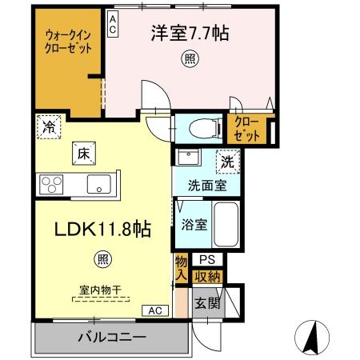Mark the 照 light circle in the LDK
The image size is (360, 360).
click(x=103, y=258)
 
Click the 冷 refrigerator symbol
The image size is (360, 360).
click(x=48, y=126)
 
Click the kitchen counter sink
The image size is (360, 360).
click(x=100, y=183)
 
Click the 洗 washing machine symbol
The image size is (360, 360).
click(x=228, y=160)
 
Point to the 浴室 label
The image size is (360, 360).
click(x=194, y=225)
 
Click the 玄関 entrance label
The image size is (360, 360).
click(x=206, y=303)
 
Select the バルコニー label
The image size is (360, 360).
click(x=111, y=337)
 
